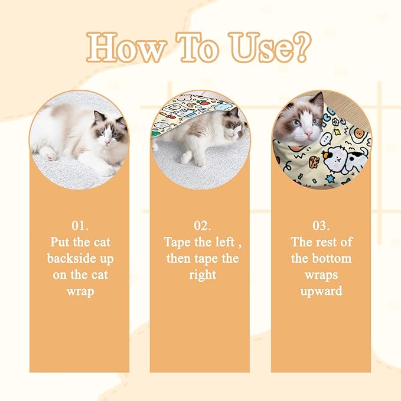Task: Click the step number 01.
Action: [80, 226]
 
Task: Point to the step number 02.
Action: [202, 226]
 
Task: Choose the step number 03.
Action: [321, 226]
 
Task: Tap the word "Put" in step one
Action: [60, 242]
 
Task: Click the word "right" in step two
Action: [202, 275]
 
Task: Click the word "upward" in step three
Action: [321, 292]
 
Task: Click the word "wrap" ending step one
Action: [80, 292]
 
